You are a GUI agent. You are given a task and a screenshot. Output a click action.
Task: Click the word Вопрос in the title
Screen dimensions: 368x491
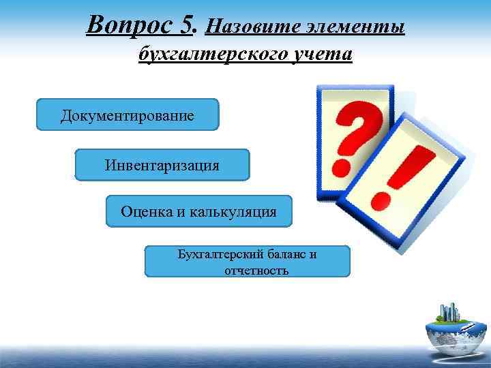134,26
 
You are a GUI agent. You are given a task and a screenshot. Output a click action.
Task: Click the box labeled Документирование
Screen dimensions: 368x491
128,115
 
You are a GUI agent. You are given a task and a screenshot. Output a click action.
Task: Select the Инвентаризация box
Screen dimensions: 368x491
162,165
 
